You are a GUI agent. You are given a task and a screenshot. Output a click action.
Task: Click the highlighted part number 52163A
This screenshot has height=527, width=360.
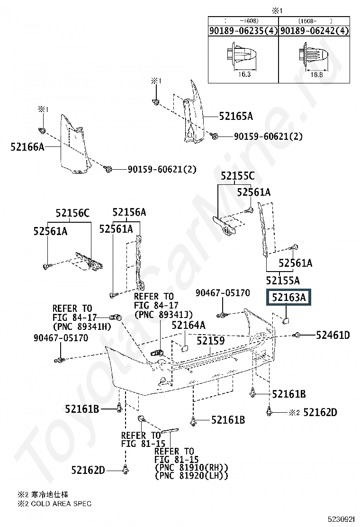click(x=289, y=298)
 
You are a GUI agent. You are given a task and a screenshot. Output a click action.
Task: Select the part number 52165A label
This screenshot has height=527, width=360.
click(x=235, y=116)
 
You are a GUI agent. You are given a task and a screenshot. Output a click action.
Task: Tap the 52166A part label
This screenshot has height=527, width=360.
click(x=27, y=147)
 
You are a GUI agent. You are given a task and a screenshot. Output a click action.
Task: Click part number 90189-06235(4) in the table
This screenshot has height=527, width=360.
click(x=243, y=31)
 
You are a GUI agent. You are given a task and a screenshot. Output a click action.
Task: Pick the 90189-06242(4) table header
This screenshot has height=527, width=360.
click(x=314, y=31)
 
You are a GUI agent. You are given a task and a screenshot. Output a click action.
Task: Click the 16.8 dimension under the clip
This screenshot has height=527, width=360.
click(x=316, y=74)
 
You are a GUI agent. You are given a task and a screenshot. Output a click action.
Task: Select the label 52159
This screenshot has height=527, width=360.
click(x=211, y=340)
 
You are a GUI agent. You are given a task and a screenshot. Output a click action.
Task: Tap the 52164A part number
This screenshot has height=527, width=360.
click(x=189, y=325)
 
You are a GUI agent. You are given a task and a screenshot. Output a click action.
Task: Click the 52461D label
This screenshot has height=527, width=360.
click(x=333, y=336)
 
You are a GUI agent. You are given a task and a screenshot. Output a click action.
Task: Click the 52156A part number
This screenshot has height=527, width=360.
click(x=129, y=212)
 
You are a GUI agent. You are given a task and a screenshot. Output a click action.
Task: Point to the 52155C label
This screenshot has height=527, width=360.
click(x=237, y=176)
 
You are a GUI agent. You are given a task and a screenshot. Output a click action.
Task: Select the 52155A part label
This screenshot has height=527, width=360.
click(x=283, y=280)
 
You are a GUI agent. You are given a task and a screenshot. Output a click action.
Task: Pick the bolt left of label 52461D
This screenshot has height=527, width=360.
click(x=297, y=336)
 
